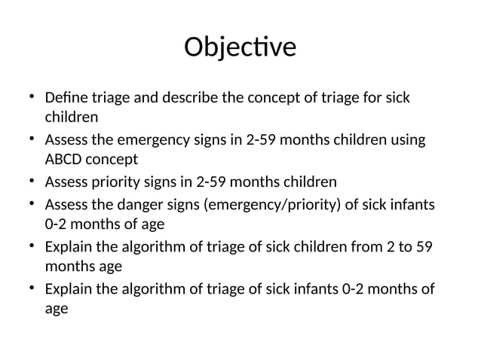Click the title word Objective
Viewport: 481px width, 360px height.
tap(240, 47)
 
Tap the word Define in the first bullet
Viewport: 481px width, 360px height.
tap(65, 98)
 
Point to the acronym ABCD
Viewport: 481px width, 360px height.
tap(65, 160)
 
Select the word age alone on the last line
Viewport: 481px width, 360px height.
tap(57, 308)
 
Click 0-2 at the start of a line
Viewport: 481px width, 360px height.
tap(57, 224)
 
